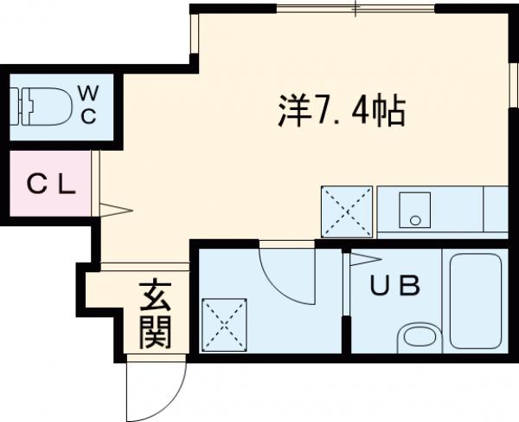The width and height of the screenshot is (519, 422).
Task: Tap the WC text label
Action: point(89,105)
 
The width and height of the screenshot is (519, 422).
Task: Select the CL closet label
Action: point(51,183)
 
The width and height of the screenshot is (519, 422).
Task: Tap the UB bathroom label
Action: point(395,284)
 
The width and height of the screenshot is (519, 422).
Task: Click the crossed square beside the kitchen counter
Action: point(347,211)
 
